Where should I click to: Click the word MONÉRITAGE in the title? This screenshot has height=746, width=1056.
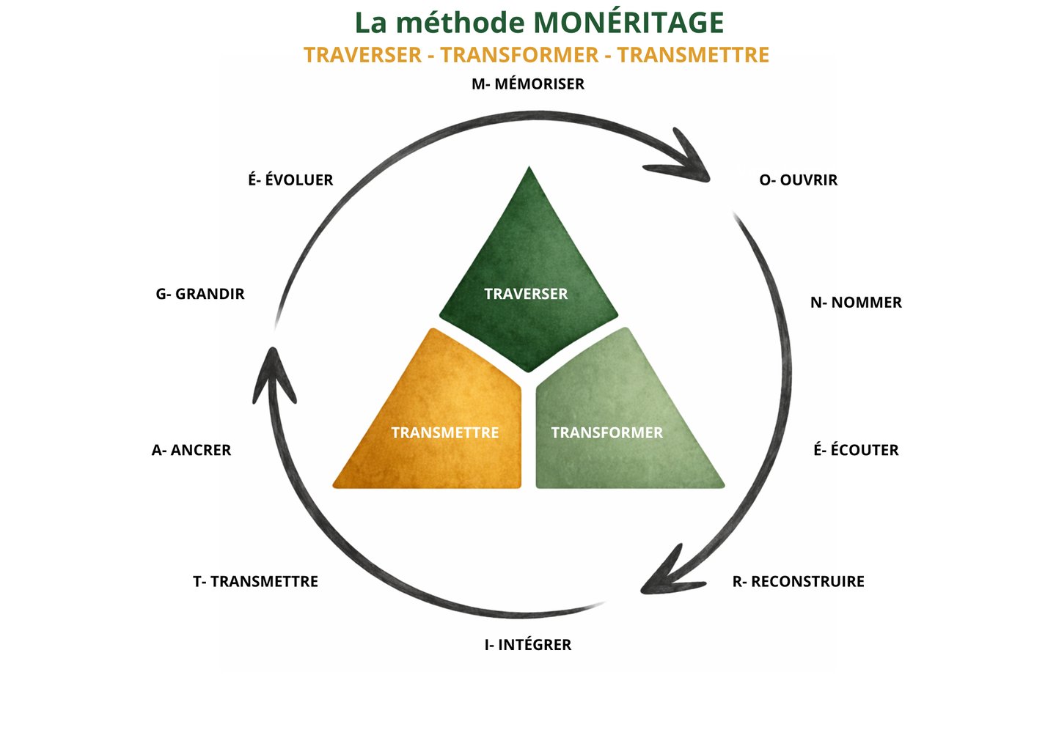[x=628, y=23]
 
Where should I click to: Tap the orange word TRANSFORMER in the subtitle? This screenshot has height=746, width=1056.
[x=519, y=55]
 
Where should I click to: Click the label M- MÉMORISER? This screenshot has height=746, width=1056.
[x=528, y=84]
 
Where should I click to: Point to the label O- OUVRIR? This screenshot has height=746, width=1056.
[x=798, y=180]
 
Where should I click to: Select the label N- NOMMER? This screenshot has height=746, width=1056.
[x=856, y=303]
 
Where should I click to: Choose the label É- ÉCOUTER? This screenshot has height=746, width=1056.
[x=856, y=450]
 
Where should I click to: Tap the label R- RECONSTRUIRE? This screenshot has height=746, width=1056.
[x=798, y=582]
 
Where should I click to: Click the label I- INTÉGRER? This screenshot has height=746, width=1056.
[x=528, y=645]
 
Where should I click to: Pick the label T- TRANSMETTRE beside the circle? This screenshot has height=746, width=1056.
[x=255, y=582]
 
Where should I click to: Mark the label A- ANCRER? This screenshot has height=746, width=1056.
[x=191, y=450]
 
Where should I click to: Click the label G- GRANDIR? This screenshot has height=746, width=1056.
[x=200, y=294]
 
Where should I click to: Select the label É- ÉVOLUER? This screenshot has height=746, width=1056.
[x=290, y=180]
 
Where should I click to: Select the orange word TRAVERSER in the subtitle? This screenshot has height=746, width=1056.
[x=362, y=55]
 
